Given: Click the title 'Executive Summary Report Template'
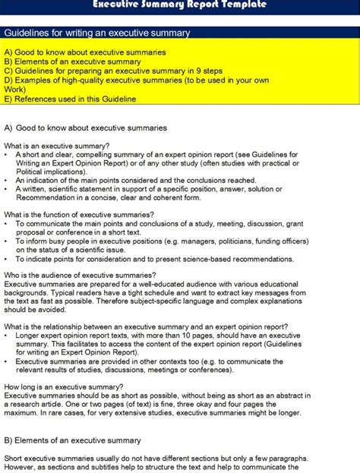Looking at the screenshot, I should (179, 5).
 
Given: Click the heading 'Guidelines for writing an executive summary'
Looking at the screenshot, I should (97, 33).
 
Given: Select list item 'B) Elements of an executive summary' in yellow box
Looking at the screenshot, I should (73, 61).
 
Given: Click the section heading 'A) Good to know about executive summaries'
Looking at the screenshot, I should (86, 128).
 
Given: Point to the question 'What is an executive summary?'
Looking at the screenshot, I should (57, 146).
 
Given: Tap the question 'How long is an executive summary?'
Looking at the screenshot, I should (64, 386).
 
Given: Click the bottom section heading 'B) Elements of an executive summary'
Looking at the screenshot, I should (73, 440).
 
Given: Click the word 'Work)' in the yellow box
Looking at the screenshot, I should (14, 90).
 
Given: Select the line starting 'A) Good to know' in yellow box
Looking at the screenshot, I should (86, 52).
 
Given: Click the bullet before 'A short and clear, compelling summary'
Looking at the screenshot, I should (7, 155).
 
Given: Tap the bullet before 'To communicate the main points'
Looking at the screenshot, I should (7, 224).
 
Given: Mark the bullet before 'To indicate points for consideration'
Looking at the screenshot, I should (7, 258).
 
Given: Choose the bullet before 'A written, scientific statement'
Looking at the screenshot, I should (7, 189).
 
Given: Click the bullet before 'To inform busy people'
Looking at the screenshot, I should (7, 241).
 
